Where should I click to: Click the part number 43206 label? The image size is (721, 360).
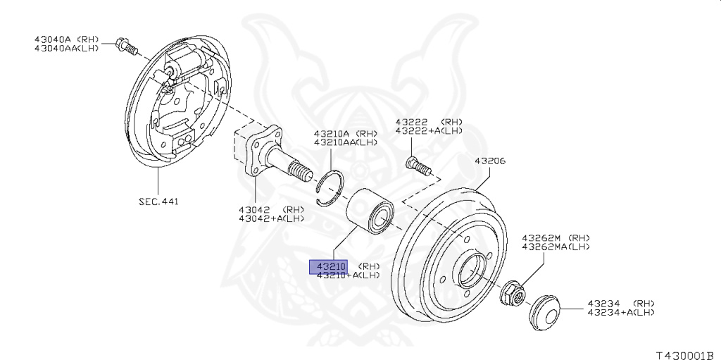(x=490, y=161)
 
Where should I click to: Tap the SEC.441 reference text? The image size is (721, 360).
(x=158, y=201)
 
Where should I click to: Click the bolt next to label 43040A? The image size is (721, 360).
(x=127, y=46)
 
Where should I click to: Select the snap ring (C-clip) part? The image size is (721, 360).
(x=330, y=190)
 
